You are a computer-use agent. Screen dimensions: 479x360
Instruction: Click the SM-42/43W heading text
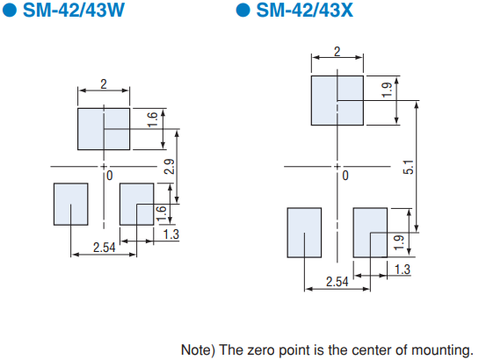point(74,10)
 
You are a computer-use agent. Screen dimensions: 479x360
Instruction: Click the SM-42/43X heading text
point(305,10)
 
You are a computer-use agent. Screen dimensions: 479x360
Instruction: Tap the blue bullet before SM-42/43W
point(9,10)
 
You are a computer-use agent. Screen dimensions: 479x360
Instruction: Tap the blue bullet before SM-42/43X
point(243,10)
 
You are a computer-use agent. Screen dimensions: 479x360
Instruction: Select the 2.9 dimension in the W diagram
point(170,167)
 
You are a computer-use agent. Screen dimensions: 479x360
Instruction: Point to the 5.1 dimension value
point(409,167)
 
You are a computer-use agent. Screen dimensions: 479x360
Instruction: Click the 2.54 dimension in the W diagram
point(105,248)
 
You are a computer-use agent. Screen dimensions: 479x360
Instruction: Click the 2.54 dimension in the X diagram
point(337,282)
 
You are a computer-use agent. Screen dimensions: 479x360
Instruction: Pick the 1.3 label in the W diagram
point(171,234)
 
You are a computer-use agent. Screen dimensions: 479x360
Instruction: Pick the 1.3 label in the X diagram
point(403,270)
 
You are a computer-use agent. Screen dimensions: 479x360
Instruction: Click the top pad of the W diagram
point(104,129)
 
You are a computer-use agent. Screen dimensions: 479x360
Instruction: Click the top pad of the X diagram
point(337,100)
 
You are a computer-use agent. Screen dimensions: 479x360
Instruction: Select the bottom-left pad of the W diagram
point(71,204)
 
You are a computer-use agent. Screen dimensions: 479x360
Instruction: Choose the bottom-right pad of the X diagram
point(370,233)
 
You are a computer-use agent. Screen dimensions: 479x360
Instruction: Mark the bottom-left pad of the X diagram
point(304,233)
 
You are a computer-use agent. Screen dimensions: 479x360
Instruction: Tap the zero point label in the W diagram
point(110,176)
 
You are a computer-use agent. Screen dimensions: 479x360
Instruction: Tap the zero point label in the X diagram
point(345,176)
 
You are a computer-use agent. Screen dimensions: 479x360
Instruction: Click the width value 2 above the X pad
point(337,52)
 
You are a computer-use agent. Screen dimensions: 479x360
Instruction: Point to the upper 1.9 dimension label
point(388,90)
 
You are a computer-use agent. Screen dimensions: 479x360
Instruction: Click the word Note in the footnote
point(198,350)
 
